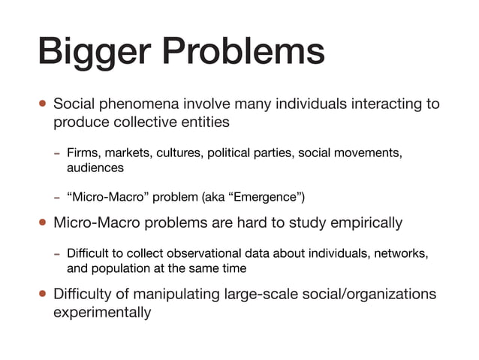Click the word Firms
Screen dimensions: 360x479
[83, 154]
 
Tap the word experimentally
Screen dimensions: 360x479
[102, 311]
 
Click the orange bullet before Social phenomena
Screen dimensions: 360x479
[43, 104]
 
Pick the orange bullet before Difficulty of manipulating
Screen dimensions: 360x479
[43, 294]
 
